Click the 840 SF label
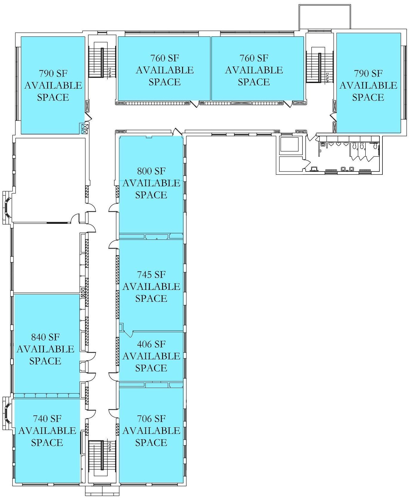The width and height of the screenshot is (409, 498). [45, 337]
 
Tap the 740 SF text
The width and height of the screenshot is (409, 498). [47, 418]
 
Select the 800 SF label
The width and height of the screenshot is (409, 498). [151, 171]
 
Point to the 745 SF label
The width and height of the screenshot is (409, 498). [151, 274]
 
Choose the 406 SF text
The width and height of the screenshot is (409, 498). [151, 344]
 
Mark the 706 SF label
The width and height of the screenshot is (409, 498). [151, 419]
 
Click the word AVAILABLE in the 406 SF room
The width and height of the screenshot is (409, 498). [151, 356]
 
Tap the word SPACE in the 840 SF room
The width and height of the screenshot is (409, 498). [45, 361]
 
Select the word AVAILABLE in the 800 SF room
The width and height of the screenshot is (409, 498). [151, 183]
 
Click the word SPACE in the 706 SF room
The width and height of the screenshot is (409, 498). [151, 443]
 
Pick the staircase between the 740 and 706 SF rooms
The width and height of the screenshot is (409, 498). [102, 459]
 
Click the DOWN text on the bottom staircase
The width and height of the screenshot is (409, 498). [110, 446]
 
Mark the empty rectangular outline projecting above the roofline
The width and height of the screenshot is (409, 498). [325, 17]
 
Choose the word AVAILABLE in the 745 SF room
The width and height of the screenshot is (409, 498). [151, 286]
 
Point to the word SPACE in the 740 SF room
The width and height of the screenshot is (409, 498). [47, 442]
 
